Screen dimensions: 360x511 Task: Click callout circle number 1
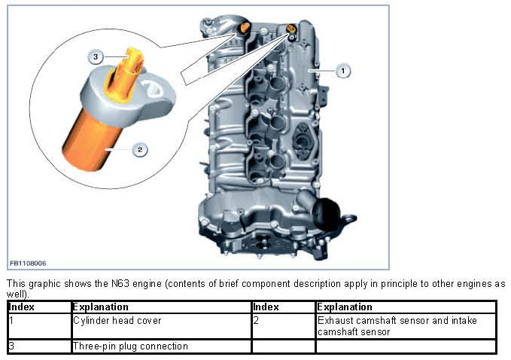point(343,70)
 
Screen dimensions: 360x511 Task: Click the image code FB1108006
point(28,263)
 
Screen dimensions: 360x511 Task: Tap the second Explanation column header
point(345,307)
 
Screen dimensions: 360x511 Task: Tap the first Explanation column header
point(100,307)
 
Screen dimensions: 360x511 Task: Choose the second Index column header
point(266,307)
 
